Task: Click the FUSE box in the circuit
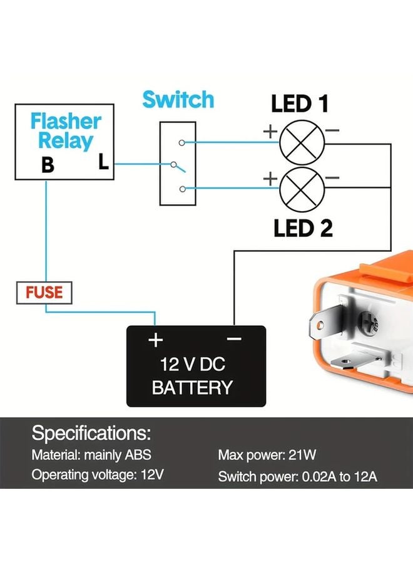click(x=44, y=293)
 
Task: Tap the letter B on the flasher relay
click(x=48, y=166)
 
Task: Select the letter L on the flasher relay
click(x=103, y=163)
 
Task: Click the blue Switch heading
click(x=178, y=100)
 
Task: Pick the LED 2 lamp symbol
click(x=302, y=191)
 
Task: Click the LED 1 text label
click(x=299, y=103)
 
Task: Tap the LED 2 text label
click(x=303, y=229)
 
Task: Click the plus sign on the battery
click(x=155, y=340)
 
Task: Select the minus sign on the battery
click(x=234, y=339)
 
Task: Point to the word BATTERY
click(x=192, y=387)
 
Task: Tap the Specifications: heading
click(x=91, y=432)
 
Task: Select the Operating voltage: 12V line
click(x=98, y=475)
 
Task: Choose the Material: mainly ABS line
click(x=91, y=456)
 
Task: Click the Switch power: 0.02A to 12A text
click(x=297, y=477)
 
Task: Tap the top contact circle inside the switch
click(x=181, y=143)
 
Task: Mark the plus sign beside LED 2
click(x=270, y=179)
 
